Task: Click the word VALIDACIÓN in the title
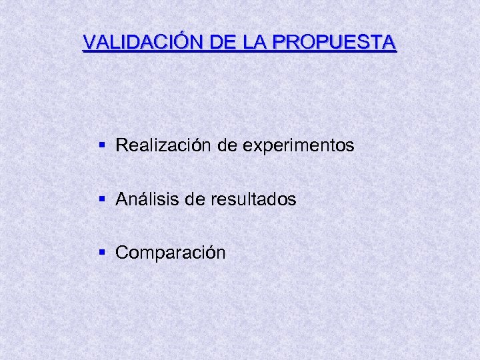click(143, 43)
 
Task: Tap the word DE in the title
click(221, 43)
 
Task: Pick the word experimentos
click(299, 145)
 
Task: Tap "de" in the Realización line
click(227, 145)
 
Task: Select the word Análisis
click(148, 199)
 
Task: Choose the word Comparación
click(171, 253)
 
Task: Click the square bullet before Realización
click(101, 144)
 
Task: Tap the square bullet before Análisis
click(101, 198)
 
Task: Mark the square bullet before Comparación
click(101, 252)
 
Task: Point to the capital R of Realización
click(122, 145)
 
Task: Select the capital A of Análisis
click(121, 199)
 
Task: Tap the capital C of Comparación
click(122, 253)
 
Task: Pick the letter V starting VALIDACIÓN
click(89, 43)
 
